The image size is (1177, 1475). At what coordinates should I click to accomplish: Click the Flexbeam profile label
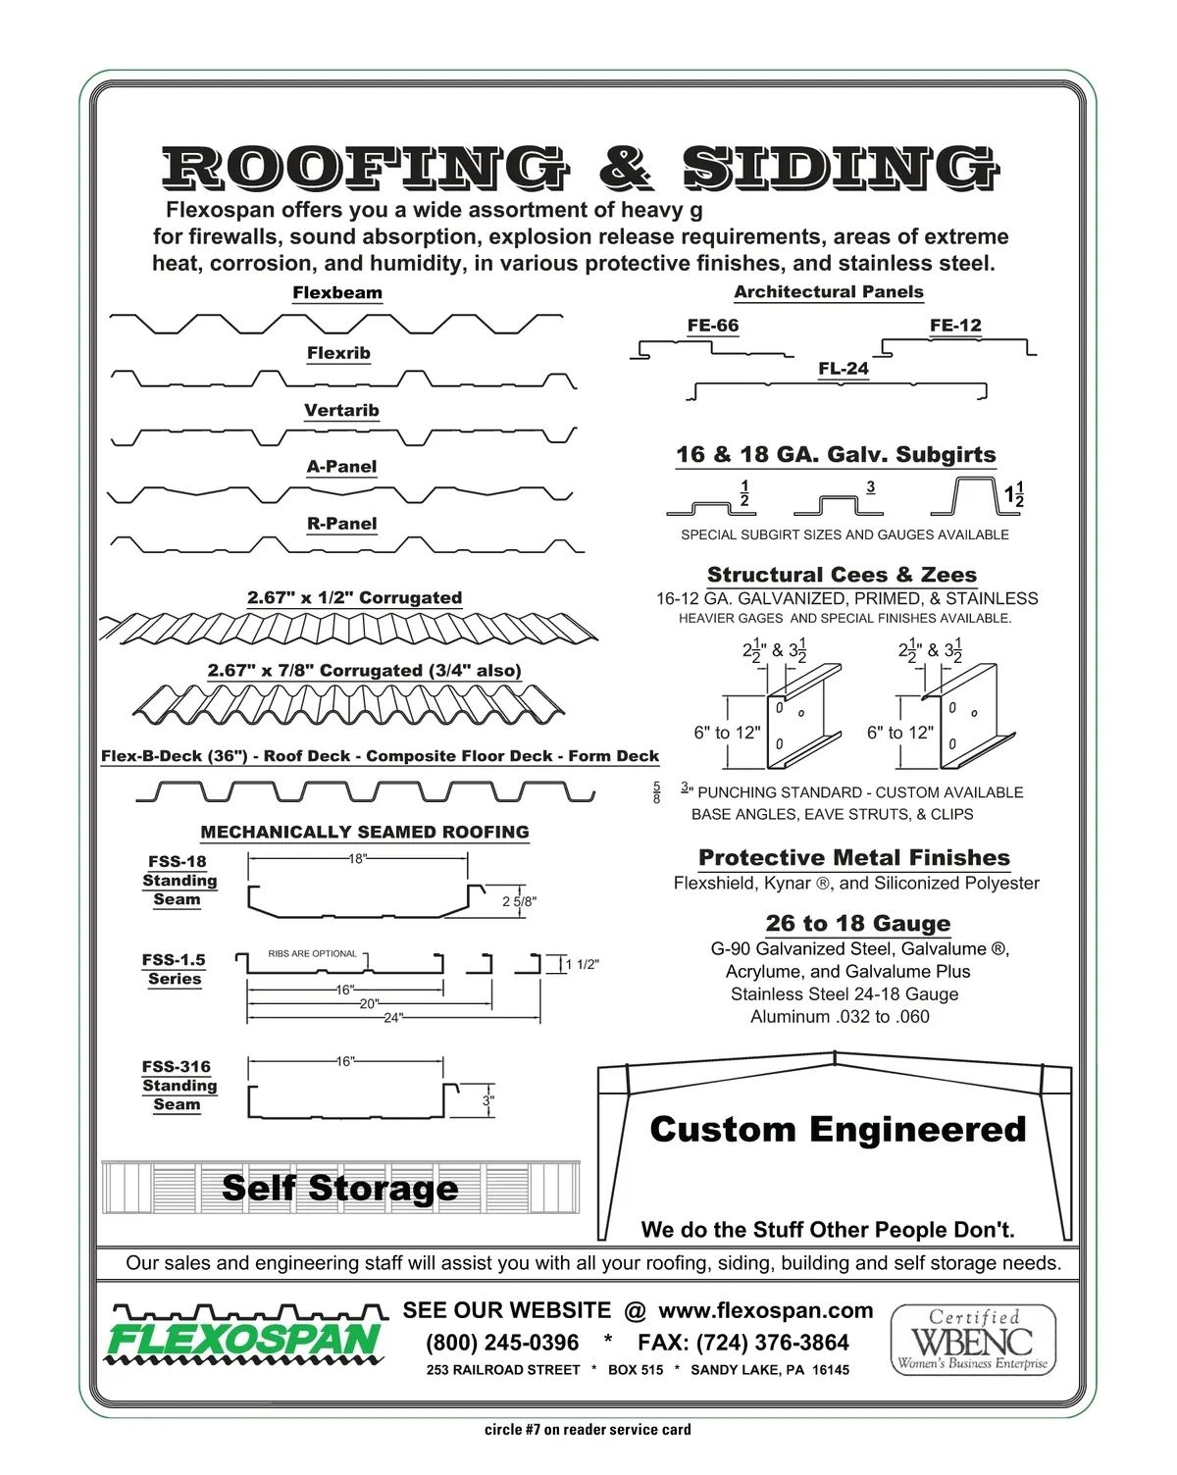click(x=337, y=293)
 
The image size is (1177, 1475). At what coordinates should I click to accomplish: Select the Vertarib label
click(x=341, y=411)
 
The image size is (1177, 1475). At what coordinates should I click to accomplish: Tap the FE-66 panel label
click(x=713, y=326)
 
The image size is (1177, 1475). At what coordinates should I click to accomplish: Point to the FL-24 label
click(x=844, y=369)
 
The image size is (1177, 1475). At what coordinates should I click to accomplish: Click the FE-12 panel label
click(x=955, y=326)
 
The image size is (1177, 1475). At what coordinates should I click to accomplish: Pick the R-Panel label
click(x=341, y=524)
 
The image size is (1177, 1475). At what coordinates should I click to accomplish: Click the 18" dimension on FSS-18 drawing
click(x=358, y=859)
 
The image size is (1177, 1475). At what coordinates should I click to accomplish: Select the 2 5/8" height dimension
click(x=519, y=902)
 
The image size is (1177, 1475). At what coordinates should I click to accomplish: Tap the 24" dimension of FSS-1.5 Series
click(x=393, y=1018)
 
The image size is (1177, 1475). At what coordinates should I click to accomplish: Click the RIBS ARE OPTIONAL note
click(x=313, y=953)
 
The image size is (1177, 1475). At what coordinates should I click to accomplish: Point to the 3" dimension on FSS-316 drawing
click(x=487, y=1101)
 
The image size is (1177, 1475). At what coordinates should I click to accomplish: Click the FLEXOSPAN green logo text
click(x=243, y=1340)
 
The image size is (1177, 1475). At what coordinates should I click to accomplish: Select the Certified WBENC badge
click(x=973, y=1340)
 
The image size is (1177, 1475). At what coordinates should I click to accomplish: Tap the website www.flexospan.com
click(x=765, y=1311)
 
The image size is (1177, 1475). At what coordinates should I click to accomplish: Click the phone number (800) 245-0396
click(x=502, y=1343)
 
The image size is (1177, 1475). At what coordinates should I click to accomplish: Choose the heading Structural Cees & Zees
click(x=842, y=575)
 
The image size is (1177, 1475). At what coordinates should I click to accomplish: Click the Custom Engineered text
click(x=838, y=1130)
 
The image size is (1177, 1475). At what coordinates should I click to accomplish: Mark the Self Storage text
click(x=339, y=1188)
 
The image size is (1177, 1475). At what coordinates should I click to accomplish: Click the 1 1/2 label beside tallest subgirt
click(x=1014, y=495)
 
